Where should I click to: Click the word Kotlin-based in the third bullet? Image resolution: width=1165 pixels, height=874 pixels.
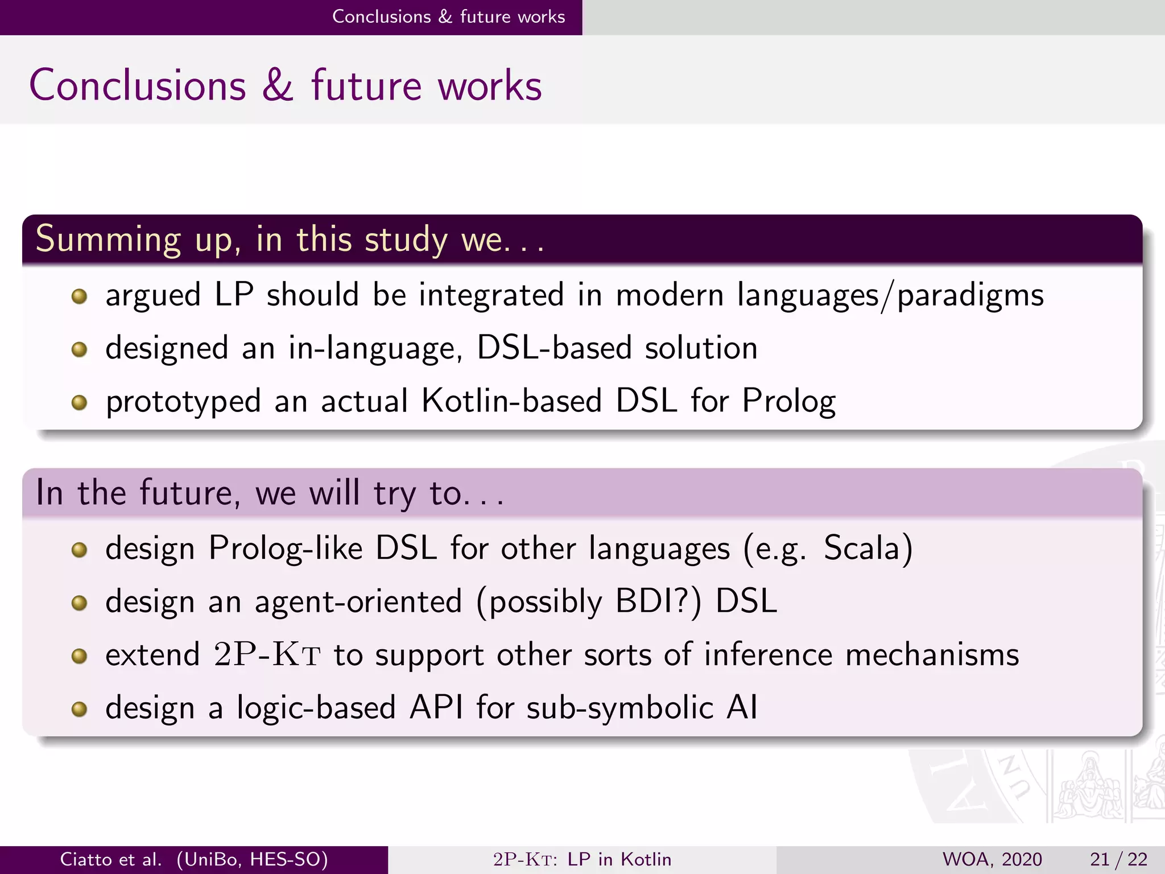[511, 401]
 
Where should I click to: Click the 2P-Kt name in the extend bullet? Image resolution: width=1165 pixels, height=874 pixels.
[267, 654]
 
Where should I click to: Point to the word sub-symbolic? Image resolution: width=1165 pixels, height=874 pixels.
[619, 708]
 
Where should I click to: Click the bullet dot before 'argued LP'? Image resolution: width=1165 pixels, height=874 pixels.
[79, 296]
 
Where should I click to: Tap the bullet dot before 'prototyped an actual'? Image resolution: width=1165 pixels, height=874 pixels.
[79, 402]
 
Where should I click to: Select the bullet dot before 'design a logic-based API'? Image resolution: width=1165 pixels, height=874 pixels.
[79, 709]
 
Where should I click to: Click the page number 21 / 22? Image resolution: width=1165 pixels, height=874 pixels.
[1118, 859]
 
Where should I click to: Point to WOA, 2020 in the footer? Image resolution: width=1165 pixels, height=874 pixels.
[992, 859]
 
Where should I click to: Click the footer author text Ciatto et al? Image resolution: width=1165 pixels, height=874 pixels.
[111, 859]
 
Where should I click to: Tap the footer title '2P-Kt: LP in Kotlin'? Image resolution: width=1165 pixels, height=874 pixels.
[582, 859]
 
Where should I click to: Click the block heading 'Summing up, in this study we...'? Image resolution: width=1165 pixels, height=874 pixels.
[290, 240]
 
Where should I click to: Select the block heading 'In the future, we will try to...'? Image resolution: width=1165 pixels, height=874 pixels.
[270, 493]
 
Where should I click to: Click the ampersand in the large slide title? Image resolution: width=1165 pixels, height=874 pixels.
[278, 85]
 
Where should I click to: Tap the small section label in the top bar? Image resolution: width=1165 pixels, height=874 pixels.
[448, 17]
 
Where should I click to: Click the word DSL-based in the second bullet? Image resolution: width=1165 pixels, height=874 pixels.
[553, 348]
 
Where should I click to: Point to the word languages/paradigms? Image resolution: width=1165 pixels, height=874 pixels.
[890, 295]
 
